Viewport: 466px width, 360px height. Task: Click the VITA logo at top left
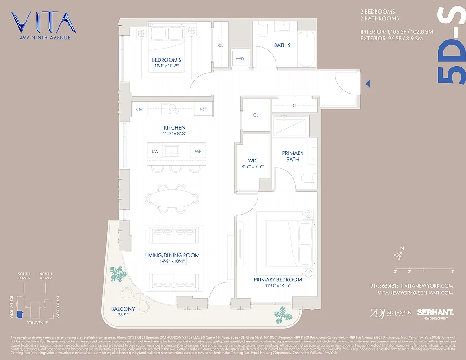41,23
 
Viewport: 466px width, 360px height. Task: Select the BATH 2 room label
282,45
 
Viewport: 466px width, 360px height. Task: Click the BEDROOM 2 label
167,60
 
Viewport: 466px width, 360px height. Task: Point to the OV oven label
139,109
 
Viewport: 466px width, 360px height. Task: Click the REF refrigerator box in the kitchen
203,109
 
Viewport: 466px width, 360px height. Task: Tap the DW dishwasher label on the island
155,151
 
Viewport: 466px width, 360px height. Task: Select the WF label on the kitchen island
198,151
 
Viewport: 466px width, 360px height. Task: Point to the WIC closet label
252,160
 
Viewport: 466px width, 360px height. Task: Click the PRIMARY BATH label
293,156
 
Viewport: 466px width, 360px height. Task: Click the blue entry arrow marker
368,84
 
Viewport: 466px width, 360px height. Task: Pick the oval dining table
172,198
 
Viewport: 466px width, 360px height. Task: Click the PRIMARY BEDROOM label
278,279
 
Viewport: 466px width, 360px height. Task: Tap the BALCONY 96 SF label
123,311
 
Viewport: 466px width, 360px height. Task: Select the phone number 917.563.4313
384,286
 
